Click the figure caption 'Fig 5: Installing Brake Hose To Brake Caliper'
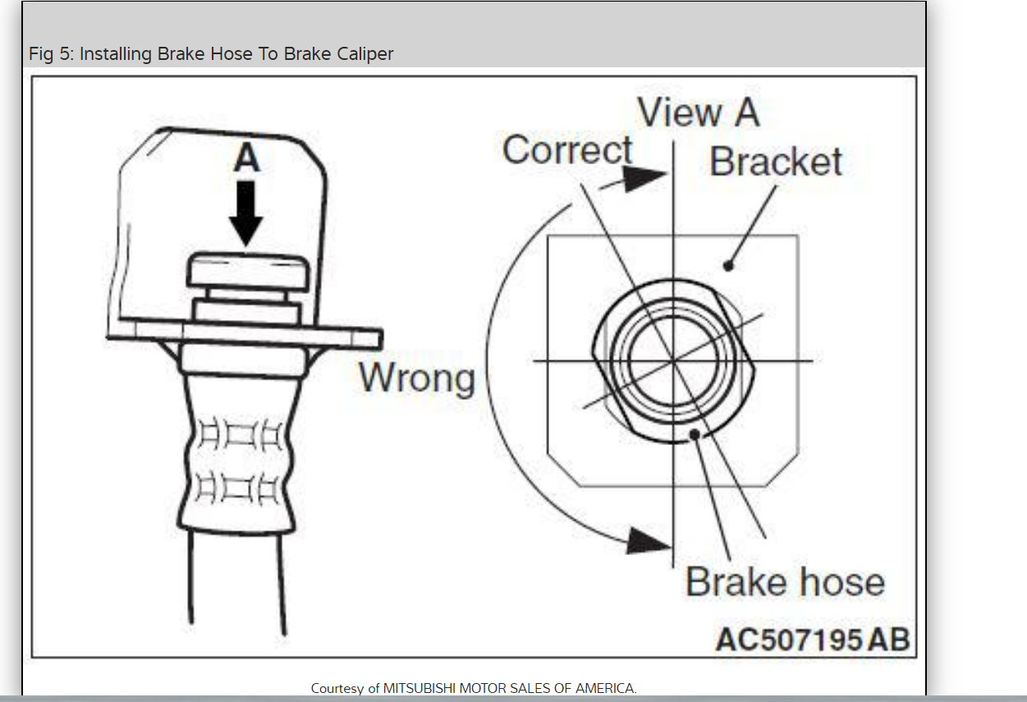[211, 54]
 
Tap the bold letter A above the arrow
[246, 158]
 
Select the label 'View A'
[698, 112]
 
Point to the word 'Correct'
[567, 150]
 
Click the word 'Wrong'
[417, 378]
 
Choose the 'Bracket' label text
[775, 162]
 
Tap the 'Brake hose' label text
[785, 582]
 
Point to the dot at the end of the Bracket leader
[727, 265]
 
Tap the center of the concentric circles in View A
[673, 360]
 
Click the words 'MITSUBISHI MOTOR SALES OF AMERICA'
[509, 688]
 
